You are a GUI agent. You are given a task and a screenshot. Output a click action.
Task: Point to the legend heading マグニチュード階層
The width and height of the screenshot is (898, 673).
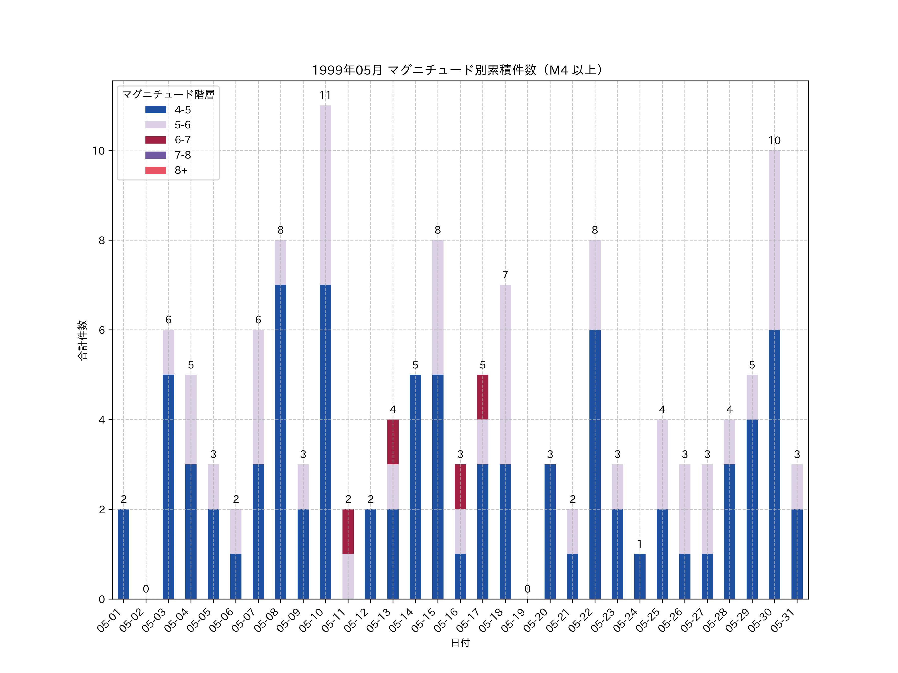point(168,94)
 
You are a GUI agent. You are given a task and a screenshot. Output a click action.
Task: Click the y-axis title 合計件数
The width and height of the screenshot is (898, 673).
point(82,340)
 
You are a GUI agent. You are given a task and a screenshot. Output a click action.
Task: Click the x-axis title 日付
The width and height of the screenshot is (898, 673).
point(460,643)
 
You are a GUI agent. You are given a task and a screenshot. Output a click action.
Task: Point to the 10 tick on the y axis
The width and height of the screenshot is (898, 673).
point(98,151)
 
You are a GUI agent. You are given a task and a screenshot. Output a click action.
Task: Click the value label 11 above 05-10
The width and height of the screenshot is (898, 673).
point(325,95)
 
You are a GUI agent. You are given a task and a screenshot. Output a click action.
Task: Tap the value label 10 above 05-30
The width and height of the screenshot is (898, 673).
point(774,140)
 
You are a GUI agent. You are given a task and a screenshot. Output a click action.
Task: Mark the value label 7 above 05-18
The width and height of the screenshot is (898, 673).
point(505,275)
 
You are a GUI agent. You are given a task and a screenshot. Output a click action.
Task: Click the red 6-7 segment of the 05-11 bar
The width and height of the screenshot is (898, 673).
point(348,531)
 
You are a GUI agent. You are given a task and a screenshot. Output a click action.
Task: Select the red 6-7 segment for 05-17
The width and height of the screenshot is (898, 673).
point(483,397)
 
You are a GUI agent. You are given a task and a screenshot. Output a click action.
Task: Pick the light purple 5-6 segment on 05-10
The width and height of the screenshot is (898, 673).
point(325,195)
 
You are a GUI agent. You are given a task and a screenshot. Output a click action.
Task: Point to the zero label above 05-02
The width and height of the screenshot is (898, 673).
point(146,589)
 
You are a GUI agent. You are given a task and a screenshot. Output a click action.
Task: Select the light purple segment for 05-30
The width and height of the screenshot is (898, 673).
point(774,240)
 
